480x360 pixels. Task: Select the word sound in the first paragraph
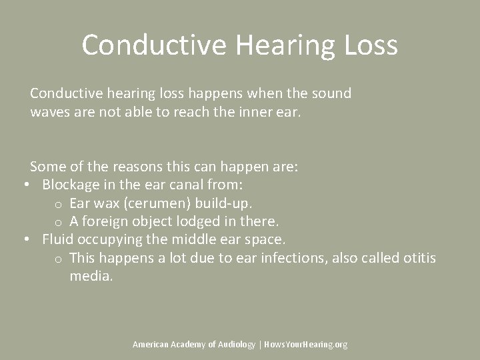[332, 93]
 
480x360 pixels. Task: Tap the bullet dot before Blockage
[25, 185]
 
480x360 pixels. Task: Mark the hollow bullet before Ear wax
[59, 203]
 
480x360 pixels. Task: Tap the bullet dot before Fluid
[25, 239]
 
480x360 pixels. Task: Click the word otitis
[419, 257]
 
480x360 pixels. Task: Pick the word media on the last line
[91, 275]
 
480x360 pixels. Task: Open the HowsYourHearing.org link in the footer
[306, 345]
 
